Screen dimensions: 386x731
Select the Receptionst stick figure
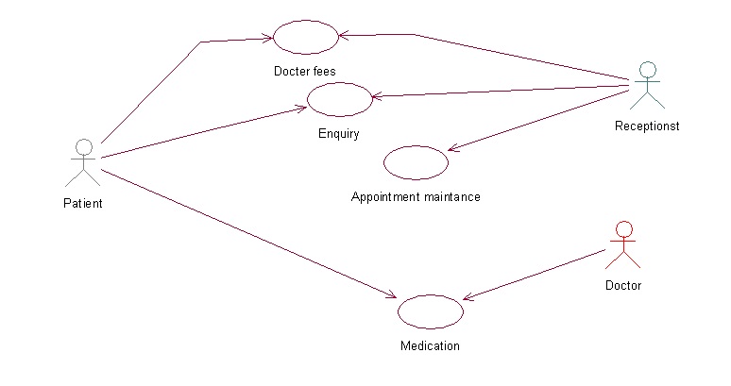coord(647,86)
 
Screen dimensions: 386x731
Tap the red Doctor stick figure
coord(622,245)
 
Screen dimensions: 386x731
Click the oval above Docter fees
coord(305,37)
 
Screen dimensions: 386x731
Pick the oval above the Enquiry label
coord(340,99)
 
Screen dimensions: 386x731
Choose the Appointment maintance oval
coord(416,162)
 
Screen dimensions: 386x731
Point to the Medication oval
coord(431,311)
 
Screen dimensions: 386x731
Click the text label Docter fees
coord(304,71)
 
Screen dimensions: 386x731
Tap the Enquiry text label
coord(338,133)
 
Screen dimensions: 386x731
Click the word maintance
coord(450,197)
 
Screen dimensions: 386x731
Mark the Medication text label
coord(430,345)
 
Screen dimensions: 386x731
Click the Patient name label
coord(83,203)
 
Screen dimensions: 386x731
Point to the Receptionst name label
coord(647,126)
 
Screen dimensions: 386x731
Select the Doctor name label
coord(622,285)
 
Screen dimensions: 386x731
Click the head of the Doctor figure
coord(622,228)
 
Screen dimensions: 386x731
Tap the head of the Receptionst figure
coord(647,69)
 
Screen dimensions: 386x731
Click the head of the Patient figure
coord(84,146)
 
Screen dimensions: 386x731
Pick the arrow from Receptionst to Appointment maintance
coord(538,120)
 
